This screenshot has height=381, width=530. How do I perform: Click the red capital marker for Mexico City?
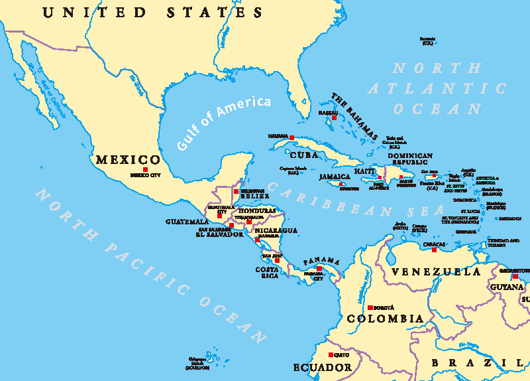click(x=145, y=170)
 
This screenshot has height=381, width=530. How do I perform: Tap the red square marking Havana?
click(x=291, y=137)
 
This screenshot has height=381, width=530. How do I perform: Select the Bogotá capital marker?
click(x=370, y=307)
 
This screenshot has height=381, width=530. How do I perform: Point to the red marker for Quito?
click(x=330, y=354)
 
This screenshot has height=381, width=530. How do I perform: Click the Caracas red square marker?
click(x=434, y=250)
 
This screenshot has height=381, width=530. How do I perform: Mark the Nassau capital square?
click(x=334, y=118)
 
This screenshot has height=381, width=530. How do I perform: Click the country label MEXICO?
click(x=128, y=160)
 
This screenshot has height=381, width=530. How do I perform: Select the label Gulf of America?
click(x=224, y=123)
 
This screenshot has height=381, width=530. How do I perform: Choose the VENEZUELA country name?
click(x=435, y=272)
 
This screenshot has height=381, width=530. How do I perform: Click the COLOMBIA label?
click(x=385, y=319)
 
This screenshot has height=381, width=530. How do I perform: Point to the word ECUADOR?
click(x=323, y=367)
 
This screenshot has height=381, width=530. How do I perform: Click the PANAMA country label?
click(x=321, y=260)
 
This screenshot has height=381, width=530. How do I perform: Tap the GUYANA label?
click(x=507, y=287)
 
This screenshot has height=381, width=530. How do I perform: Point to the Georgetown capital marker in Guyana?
click(x=515, y=276)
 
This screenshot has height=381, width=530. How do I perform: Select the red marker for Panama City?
click(x=319, y=269)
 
